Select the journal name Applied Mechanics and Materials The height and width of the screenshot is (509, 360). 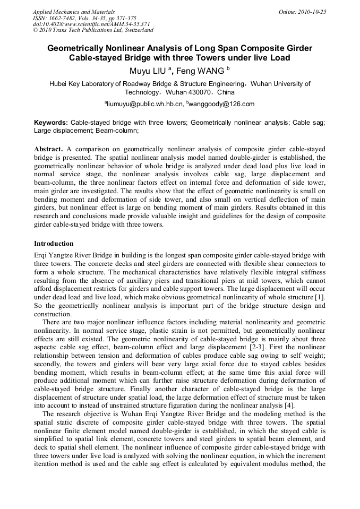click(74, 12)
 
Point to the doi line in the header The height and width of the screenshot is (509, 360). click(91, 24)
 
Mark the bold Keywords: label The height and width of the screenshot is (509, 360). click(51, 122)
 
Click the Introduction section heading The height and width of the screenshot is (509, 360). click(54, 244)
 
